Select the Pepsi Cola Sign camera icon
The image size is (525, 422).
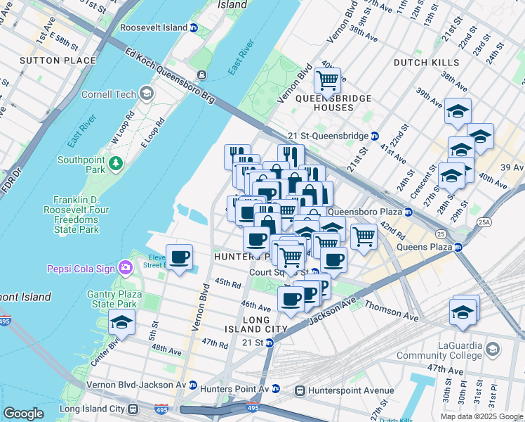tap(126, 267)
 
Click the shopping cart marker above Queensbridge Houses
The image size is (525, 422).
tap(327, 81)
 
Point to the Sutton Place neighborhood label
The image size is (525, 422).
tap(58, 60)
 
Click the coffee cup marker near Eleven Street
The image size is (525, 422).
tap(180, 257)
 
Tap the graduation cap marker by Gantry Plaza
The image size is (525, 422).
tap(122, 323)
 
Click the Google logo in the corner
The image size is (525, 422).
tap(23, 414)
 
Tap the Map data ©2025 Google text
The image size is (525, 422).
tap(481, 416)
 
